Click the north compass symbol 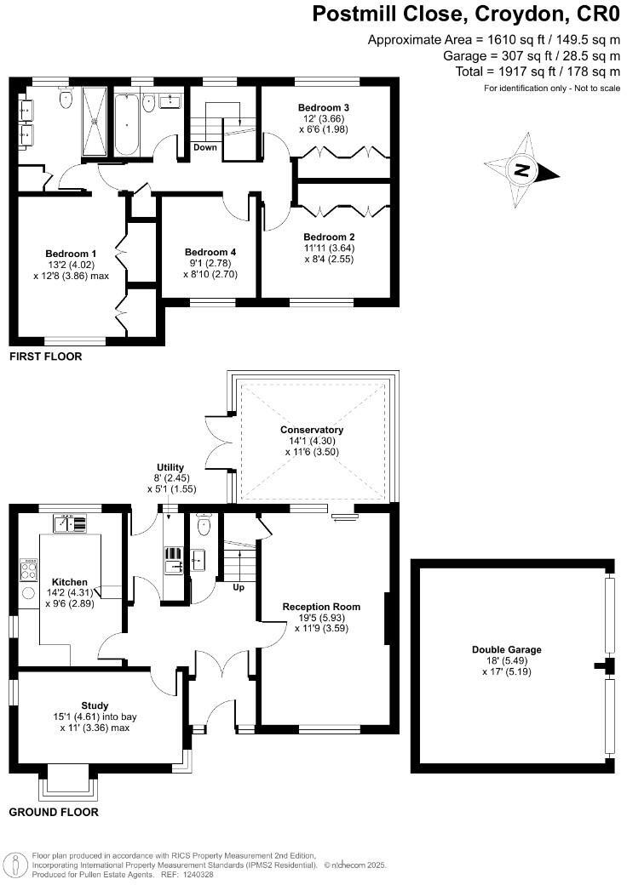coord(521,171)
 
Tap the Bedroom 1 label coord(71,254)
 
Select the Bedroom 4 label coord(210,252)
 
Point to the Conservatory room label coord(311,430)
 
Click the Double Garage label coord(507,649)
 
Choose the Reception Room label coord(321,607)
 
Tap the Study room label coord(95,705)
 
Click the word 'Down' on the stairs coord(205,147)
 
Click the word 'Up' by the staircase coord(240,586)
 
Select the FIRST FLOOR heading coord(45,357)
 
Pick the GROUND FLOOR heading coord(54,812)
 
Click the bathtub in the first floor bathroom coord(126,125)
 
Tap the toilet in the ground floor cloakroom coord(203,527)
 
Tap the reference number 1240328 coord(197,874)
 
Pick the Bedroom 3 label coord(324,108)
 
